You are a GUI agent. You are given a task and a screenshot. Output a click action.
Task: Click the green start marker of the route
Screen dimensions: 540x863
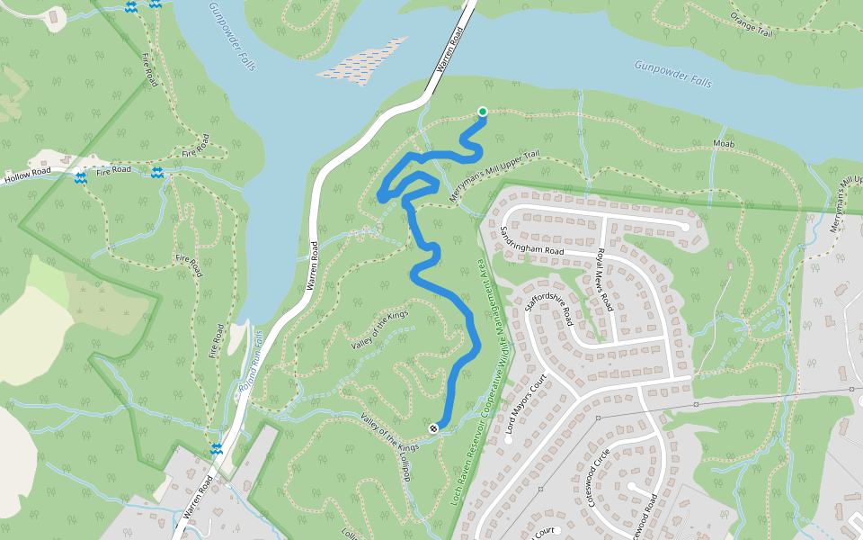point(483,112)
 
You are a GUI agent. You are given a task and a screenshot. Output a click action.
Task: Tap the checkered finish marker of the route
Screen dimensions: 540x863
point(434,428)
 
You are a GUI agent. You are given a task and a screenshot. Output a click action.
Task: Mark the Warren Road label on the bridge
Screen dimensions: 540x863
point(449,50)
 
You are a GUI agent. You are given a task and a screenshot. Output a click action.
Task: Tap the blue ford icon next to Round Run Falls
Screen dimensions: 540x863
point(217,447)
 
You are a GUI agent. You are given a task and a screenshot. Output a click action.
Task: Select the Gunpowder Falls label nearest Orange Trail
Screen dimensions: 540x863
point(672,74)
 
